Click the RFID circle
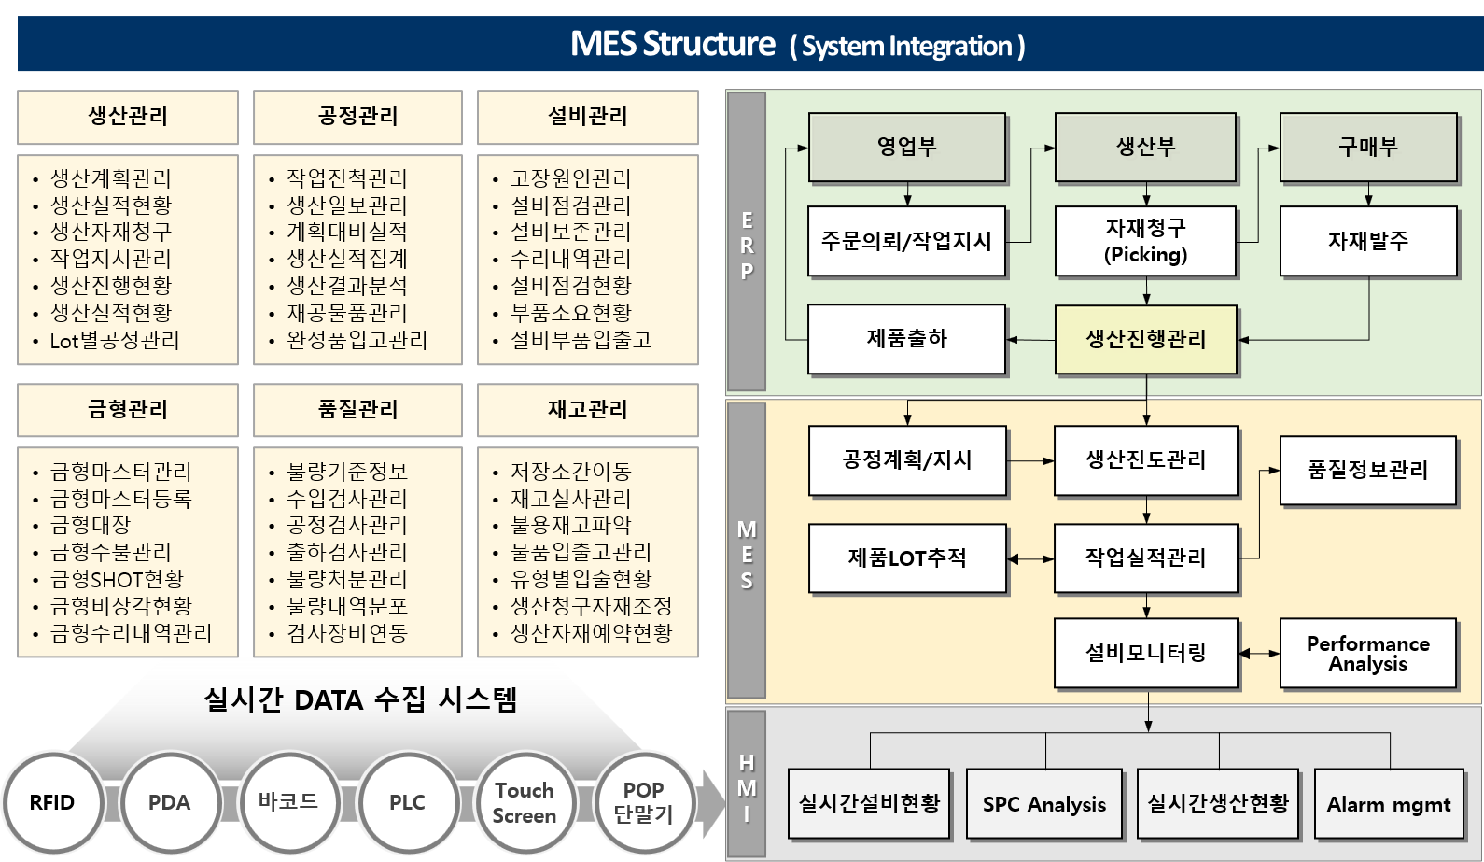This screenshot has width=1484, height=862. pos(52,802)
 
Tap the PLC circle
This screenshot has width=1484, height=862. pos(407,802)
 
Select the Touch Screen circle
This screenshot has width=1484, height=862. pos(525,802)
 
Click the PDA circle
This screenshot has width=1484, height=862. pos(170,802)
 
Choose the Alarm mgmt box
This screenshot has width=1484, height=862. pos(1389,804)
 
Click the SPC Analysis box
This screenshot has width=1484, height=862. pos(1044,804)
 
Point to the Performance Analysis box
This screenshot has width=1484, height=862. pos(1368,654)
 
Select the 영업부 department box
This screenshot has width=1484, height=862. pos(907,147)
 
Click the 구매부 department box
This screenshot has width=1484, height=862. pos(1368,147)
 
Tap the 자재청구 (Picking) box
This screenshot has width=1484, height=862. pos(1146,241)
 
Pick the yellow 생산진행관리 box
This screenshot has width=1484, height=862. pos(1146,339)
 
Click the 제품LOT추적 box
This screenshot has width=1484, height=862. pos(907,558)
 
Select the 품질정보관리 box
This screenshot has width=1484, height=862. pos(1368,470)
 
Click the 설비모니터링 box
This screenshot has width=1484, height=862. pos(1146,653)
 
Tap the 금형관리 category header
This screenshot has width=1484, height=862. pos(128,409)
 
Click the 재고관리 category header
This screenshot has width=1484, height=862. pos(587,409)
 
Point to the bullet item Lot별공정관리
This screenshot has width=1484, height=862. pos(115,340)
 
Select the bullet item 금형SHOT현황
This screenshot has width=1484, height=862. pos(117,579)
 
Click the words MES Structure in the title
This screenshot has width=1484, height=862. pos(672,44)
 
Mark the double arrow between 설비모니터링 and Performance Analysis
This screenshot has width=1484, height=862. pos(1260,653)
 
